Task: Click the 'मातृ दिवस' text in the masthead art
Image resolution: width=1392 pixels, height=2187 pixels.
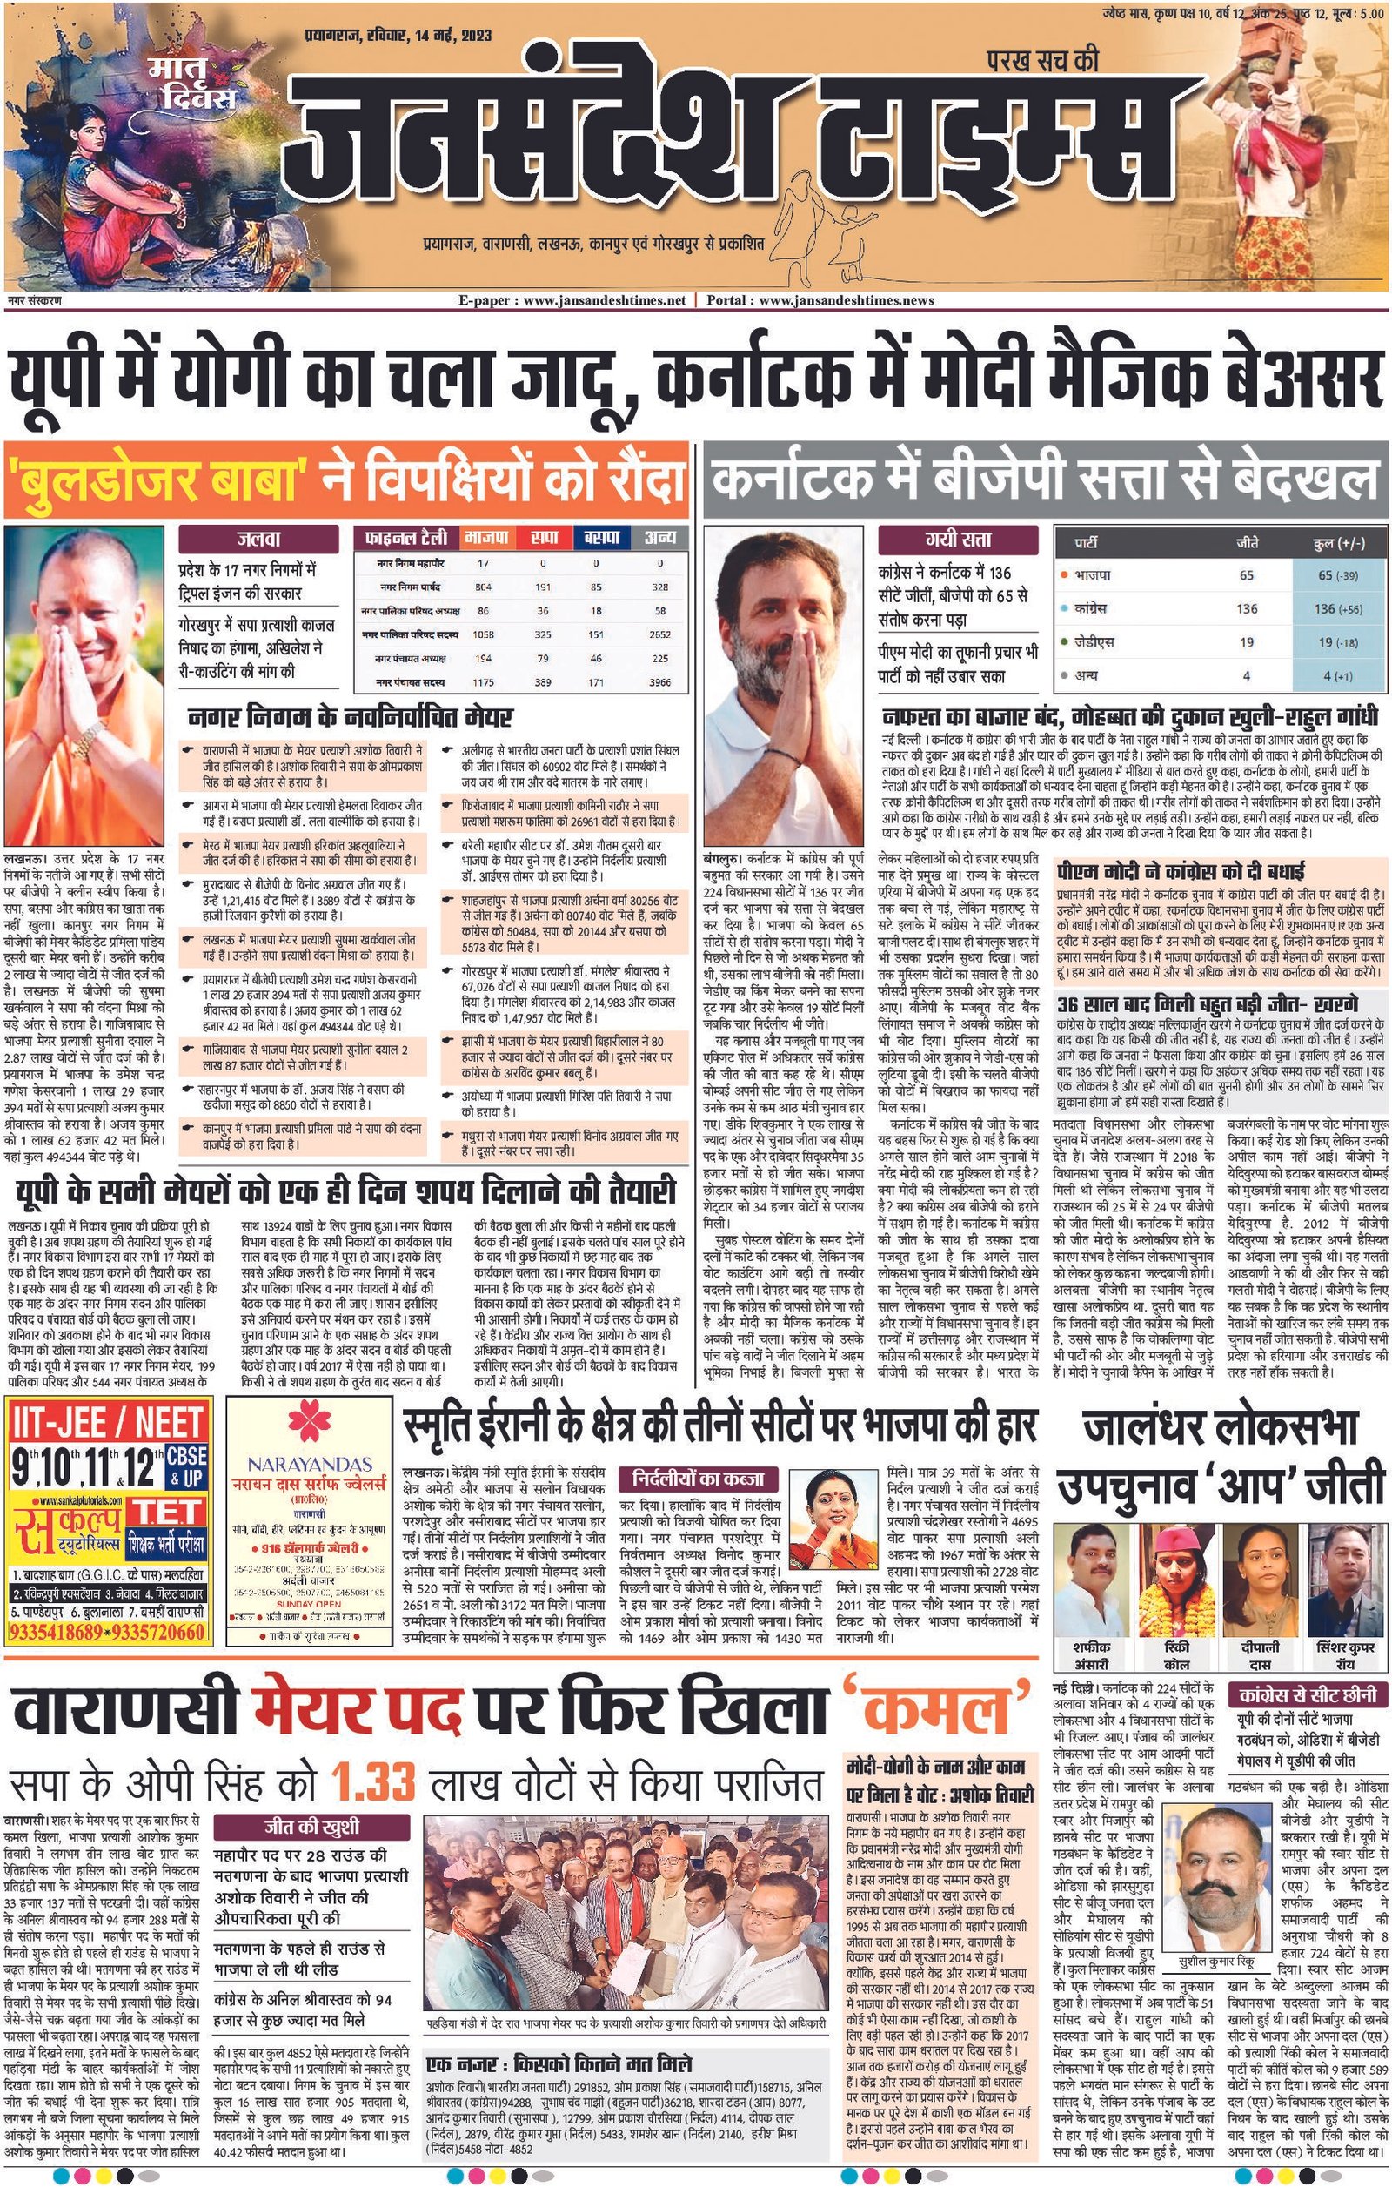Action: pos(193,84)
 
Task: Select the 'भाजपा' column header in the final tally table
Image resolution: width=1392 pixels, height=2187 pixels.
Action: pos(484,538)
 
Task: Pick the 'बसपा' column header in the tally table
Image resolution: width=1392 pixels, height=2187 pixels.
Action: pos(601,538)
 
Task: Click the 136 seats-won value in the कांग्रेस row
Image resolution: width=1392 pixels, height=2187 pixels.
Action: pos(1246,608)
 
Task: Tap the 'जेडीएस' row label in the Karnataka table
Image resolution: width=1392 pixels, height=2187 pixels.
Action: pos(1094,642)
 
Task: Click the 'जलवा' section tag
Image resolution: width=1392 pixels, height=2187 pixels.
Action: pos(258,539)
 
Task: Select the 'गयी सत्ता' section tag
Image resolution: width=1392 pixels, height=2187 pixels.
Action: pos(957,540)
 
